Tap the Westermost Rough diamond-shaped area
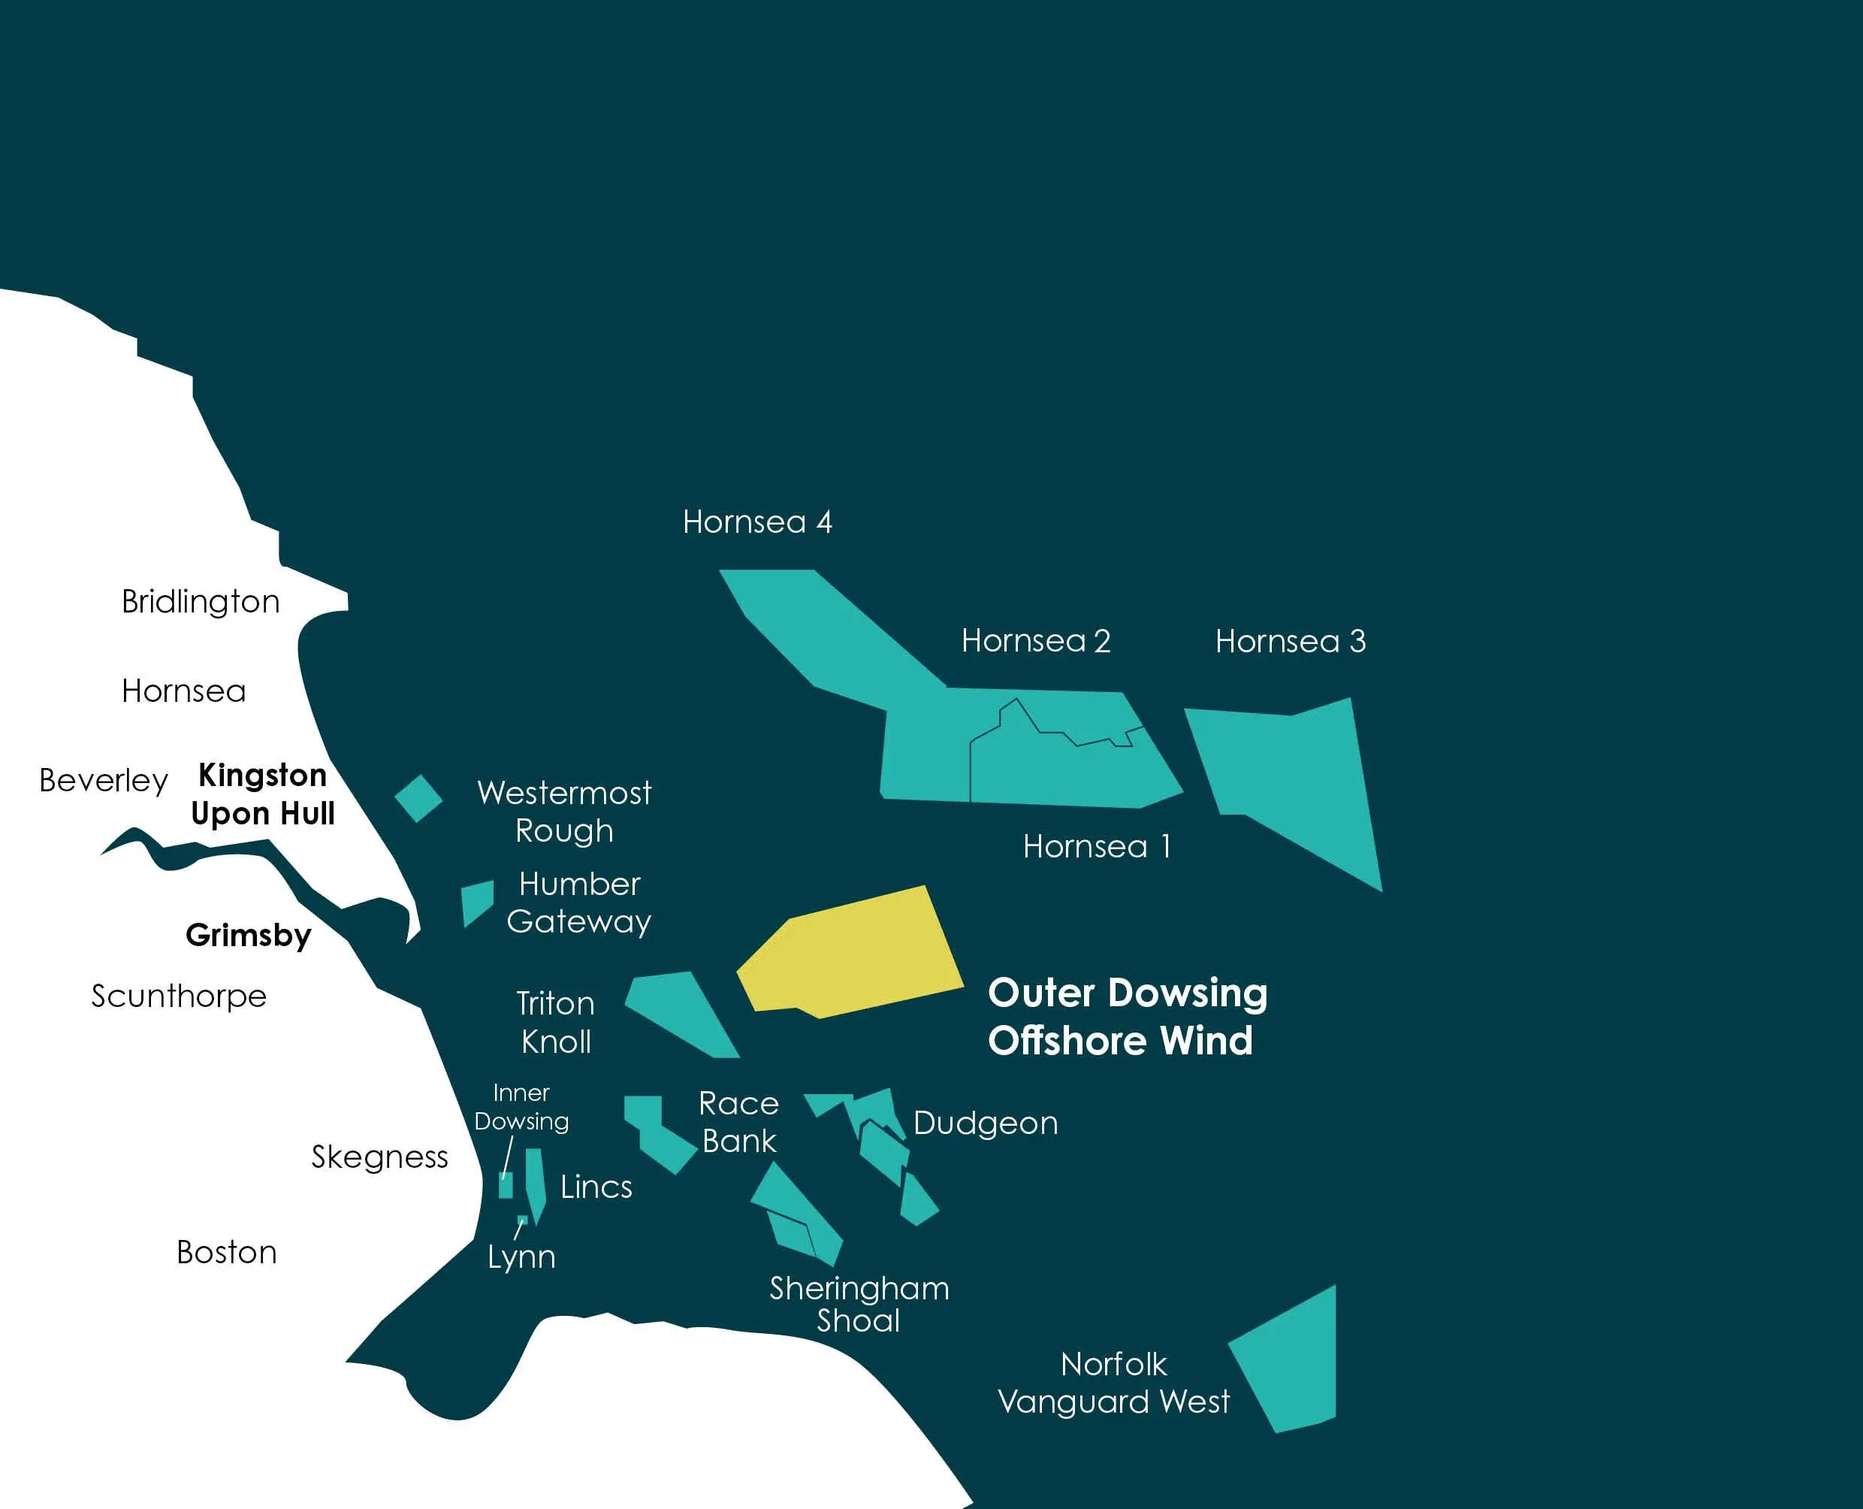(418, 798)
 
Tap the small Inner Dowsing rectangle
(506, 1185)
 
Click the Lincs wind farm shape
(536, 1182)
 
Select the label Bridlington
(201, 601)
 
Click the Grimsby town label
(249, 936)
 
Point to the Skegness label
(379, 1157)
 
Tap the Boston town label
(227, 1253)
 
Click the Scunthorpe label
(179, 996)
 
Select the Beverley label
(104, 781)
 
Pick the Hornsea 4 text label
(758, 522)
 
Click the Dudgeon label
(986, 1123)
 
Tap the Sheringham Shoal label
(859, 1304)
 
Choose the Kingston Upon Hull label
(262, 794)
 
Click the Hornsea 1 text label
(1097, 847)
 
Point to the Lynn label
(521, 1258)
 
